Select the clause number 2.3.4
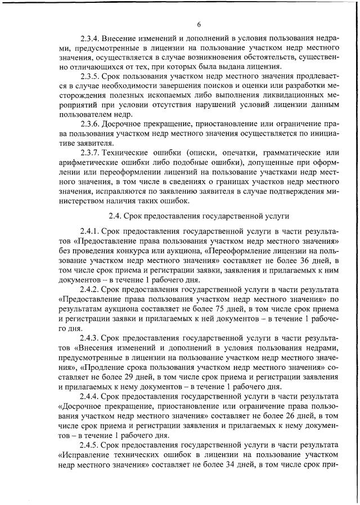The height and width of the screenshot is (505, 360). (x=92, y=39)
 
